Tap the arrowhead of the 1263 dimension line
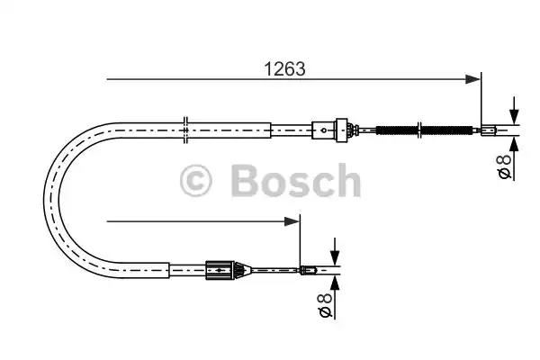point(473,80)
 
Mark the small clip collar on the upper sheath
point(184,128)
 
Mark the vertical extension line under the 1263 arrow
point(482,103)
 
